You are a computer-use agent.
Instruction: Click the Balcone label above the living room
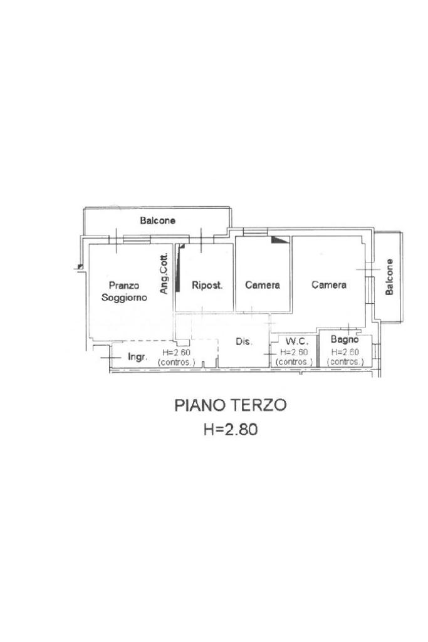click(158, 220)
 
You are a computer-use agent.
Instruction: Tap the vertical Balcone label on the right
click(389, 277)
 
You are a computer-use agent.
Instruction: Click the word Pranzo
click(124, 285)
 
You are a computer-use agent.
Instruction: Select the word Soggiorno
click(124, 298)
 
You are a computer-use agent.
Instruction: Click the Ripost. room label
click(207, 285)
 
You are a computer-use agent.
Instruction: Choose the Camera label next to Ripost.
click(263, 285)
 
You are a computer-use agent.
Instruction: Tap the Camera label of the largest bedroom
click(329, 284)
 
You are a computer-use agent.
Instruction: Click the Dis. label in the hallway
click(244, 341)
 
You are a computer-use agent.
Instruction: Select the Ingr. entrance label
click(138, 356)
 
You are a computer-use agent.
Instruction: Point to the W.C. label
click(297, 341)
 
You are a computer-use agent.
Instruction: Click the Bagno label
click(345, 339)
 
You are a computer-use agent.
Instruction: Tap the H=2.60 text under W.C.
click(294, 352)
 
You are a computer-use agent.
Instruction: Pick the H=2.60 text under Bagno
click(345, 352)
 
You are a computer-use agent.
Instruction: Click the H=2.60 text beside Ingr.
click(176, 352)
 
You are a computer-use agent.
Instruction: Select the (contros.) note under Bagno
click(345, 362)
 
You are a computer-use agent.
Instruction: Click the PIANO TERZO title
click(231, 405)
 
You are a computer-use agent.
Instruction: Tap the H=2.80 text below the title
click(231, 430)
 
